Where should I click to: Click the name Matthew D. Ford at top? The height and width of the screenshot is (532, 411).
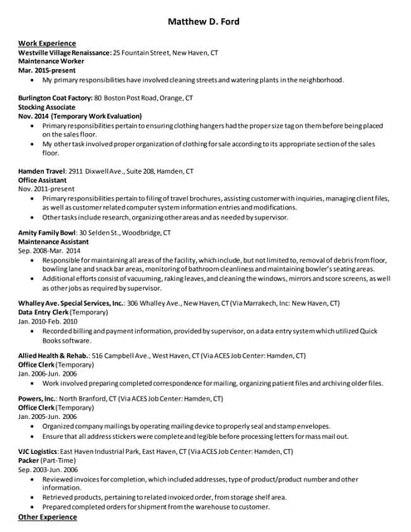pyautogui.click(x=203, y=22)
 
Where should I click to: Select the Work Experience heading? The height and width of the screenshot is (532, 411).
pyautogui.click(x=47, y=43)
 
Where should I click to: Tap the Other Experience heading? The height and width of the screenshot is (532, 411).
pyautogui.click(x=47, y=517)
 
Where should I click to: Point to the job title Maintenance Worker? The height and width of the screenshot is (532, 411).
pyautogui.click(x=51, y=62)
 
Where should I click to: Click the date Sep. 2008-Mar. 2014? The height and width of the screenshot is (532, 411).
pyautogui.click(x=50, y=250)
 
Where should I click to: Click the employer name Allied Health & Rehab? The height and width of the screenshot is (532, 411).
pyautogui.click(x=54, y=356)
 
